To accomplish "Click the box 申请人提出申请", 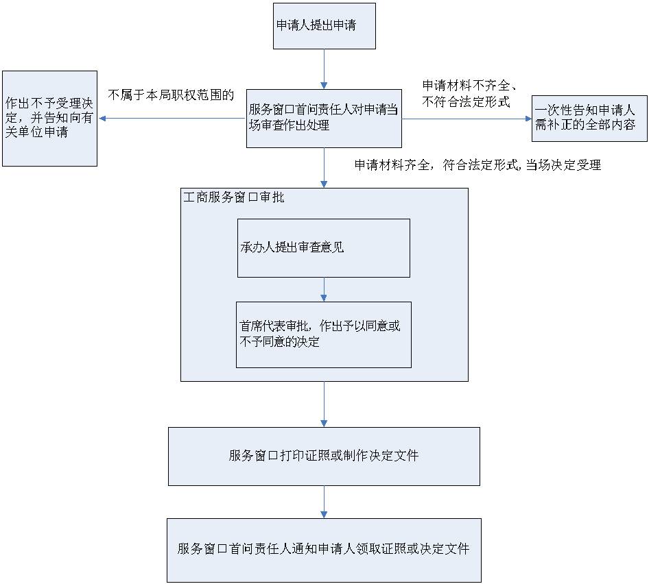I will click(x=324, y=26).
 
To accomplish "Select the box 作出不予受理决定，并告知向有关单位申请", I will click(x=49, y=118).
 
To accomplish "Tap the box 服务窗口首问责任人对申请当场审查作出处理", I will click(x=324, y=118).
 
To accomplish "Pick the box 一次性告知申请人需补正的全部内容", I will click(x=589, y=118).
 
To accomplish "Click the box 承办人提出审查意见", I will click(x=324, y=248).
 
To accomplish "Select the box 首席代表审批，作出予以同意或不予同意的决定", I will click(x=324, y=334).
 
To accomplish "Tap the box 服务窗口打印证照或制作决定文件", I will click(x=324, y=457).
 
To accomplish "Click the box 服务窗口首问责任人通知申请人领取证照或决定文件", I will click(x=324, y=550).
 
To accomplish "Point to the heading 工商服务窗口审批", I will click(x=234, y=197).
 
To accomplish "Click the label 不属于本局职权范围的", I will click(x=172, y=95).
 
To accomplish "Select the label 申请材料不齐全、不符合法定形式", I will click(x=469, y=94).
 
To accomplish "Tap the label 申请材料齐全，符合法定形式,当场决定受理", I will click(x=477, y=165).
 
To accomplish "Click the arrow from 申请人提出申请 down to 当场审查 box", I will click(x=324, y=69).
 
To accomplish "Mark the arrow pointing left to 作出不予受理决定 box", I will click(x=172, y=118).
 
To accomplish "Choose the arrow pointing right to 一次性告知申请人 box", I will click(x=467, y=118).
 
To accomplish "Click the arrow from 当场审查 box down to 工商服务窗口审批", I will click(x=324, y=168).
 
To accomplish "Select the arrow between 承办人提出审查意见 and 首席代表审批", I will click(x=324, y=289).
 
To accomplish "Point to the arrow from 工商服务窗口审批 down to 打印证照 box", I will click(x=324, y=404).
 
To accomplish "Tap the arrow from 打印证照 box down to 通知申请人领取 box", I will click(x=324, y=502).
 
